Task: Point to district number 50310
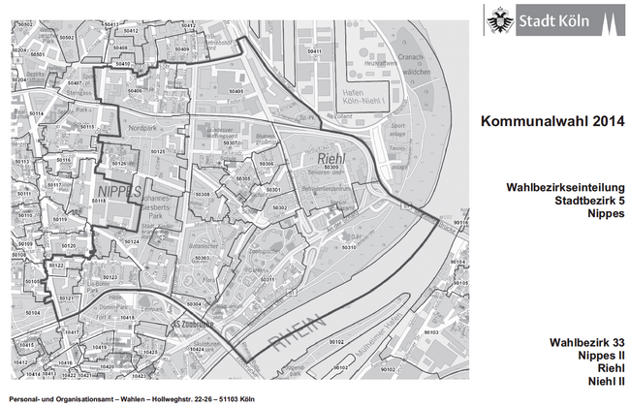346,247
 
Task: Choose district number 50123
109,277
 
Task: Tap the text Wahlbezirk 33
586,343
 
